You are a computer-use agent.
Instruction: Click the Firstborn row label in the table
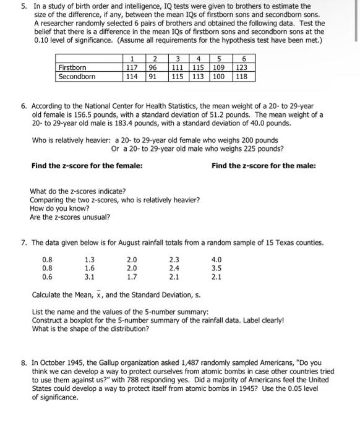click(72, 67)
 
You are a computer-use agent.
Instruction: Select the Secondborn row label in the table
click(77, 77)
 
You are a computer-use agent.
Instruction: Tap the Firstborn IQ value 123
click(242, 67)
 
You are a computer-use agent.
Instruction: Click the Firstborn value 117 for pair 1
click(131, 67)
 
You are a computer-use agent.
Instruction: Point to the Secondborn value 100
click(219, 77)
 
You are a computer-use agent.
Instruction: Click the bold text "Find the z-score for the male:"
click(264, 165)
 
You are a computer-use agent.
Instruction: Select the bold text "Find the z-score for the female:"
click(87, 165)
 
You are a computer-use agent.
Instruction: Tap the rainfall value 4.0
click(216, 260)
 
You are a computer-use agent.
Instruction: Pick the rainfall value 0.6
click(47, 277)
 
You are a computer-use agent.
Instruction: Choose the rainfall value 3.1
click(90, 277)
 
